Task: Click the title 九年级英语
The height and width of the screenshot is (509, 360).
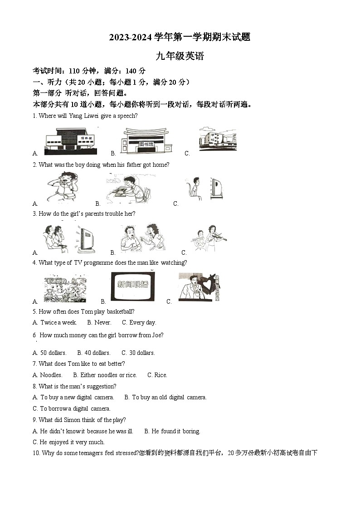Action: click(x=180, y=56)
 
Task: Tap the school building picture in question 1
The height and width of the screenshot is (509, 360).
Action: click(x=218, y=139)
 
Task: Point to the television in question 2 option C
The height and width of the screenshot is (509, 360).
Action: click(x=216, y=188)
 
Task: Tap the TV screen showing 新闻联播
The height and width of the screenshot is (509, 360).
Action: click(x=133, y=285)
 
